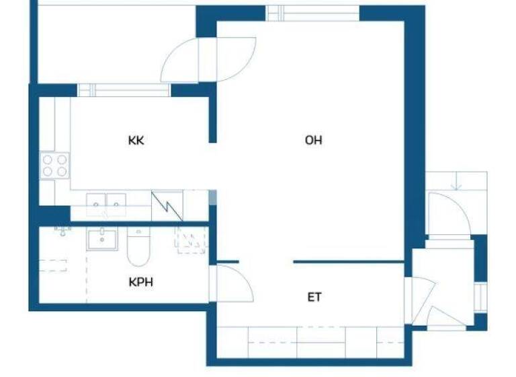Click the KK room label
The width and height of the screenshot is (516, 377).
[136, 141]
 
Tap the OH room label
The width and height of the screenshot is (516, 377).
[313, 140]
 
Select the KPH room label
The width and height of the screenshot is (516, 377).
[140, 281]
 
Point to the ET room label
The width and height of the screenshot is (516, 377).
[314, 297]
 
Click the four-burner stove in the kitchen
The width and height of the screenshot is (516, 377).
[55, 165]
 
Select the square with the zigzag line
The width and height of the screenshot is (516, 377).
[167, 206]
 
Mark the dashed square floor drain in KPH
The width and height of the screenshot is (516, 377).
[189, 240]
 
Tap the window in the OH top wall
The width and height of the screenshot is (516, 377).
[312, 13]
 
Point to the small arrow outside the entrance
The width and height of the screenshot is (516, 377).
[456, 182]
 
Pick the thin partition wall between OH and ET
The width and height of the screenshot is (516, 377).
[349, 261]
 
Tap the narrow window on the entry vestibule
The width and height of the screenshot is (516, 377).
[480, 297]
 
